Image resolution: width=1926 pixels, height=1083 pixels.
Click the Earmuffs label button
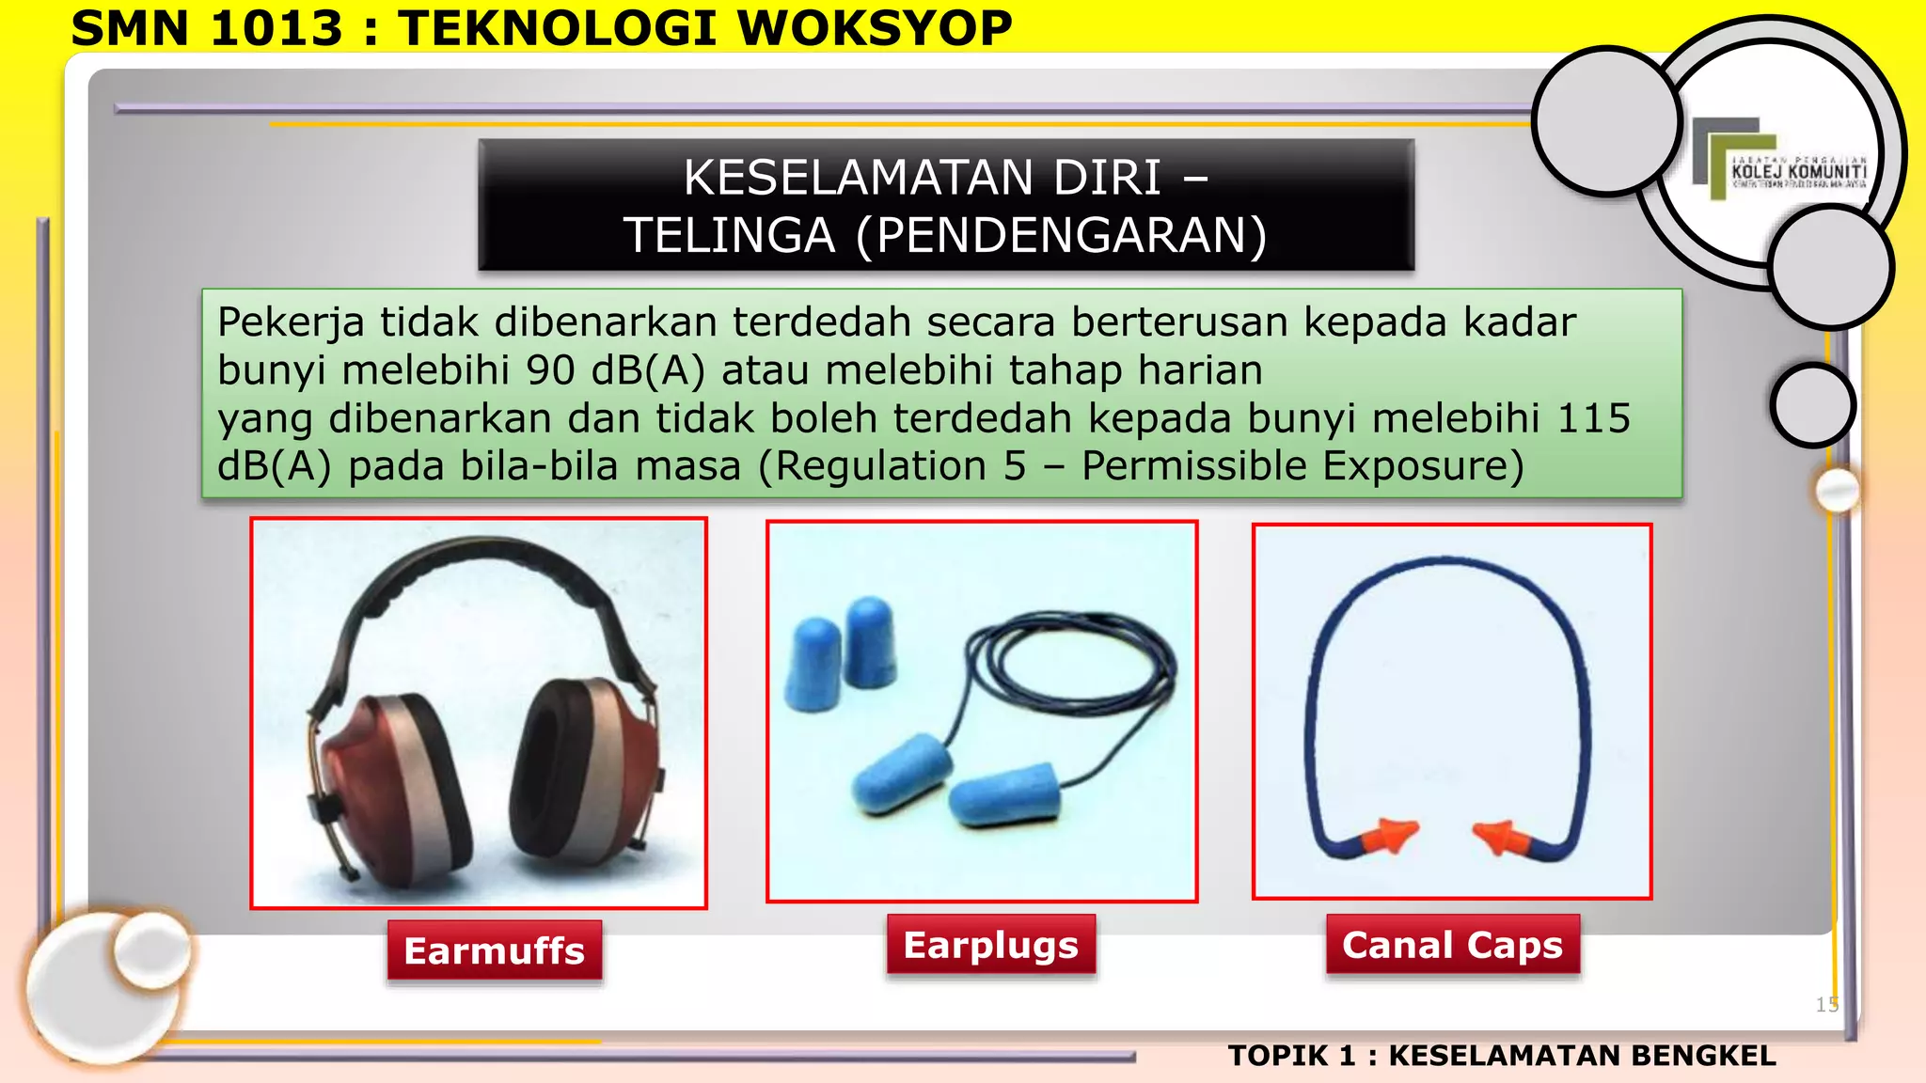[495, 950]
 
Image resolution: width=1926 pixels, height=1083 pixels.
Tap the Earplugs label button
[990, 945]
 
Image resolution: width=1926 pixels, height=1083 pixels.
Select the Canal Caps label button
[1452, 945]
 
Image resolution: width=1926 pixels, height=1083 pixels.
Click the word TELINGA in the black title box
[730, 235]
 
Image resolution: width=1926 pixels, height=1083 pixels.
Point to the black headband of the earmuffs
[480, 564]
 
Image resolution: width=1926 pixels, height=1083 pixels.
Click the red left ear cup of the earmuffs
[371, 790]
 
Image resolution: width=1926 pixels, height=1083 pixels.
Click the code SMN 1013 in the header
[207, 28]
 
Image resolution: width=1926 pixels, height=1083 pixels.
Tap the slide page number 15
[1826, 1004]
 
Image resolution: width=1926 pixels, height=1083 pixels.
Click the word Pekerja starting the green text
[291, 322]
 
